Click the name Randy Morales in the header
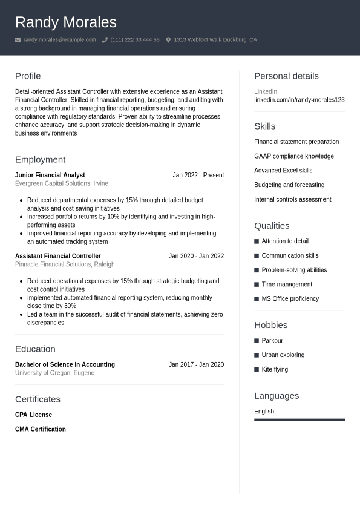tap(65, 22)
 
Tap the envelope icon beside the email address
tap(18, 40)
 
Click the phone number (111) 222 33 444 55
tap(135, 40)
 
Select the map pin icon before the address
tap(168, 40)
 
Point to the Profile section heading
tap(28, 76)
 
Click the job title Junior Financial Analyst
tap(50, 175)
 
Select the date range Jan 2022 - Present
tap(198, 175)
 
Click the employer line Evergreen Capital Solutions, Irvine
tap(62, 183)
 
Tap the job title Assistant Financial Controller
tap(57, 256)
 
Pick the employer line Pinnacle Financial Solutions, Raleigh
tap(65, 264)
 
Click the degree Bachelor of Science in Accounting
tap(65, 364)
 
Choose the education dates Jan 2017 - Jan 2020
tap(196, 364)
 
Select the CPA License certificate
tap(33, 415)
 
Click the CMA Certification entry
tap(41, 429)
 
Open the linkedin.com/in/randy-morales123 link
tap(299, 100)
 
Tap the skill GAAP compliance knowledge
tap(293, 156)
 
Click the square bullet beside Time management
tap(257, 284)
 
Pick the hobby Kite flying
tap(275, 369)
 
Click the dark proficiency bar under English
tap(299, 419)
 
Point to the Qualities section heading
tap(272, 226)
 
